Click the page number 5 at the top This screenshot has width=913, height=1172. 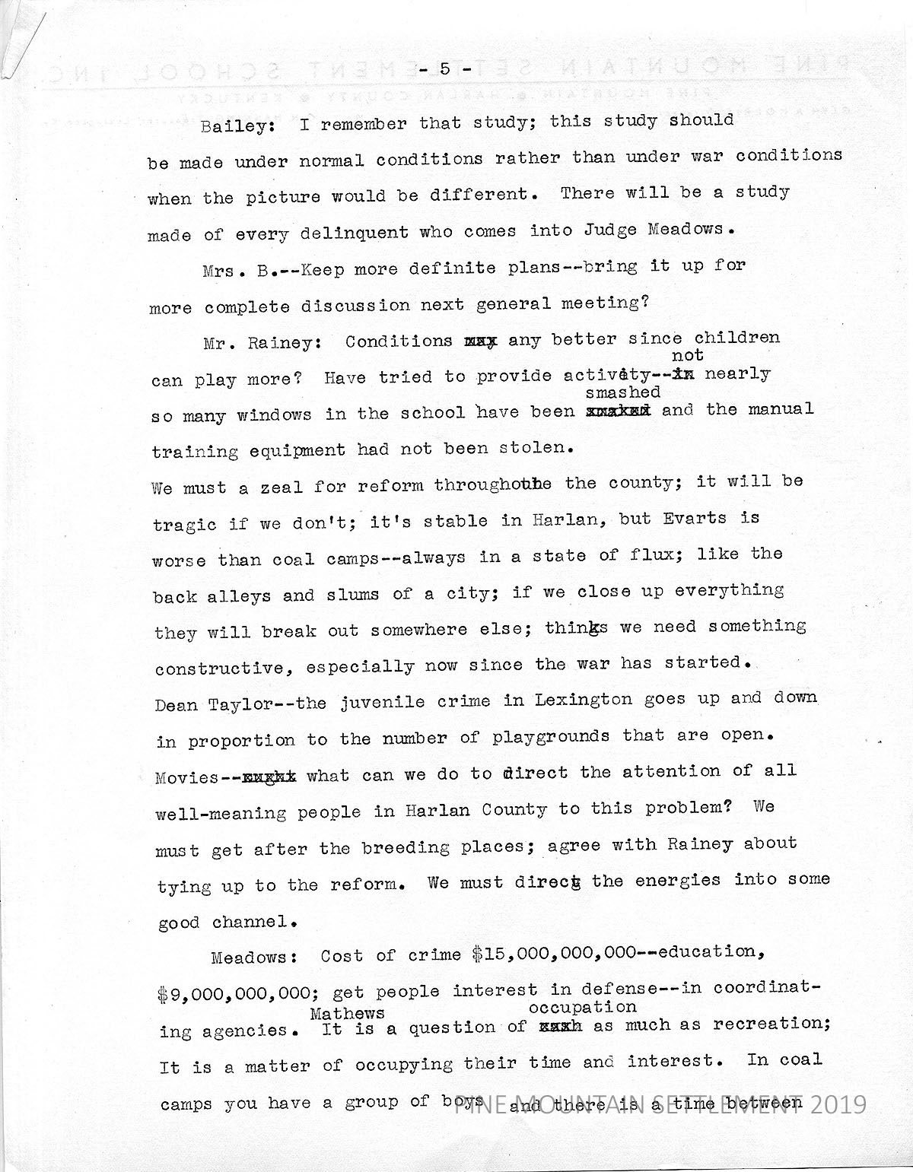pos(445,69)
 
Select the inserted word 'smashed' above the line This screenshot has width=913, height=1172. pos(622,392)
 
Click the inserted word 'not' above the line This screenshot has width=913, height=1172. pos(688,355)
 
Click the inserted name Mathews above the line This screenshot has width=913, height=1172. pos(346,1013)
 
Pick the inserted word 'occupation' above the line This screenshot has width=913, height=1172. pos(582,1007)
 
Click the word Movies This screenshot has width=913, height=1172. pos(187,777)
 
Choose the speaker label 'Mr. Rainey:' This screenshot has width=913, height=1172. pos(258,343)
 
